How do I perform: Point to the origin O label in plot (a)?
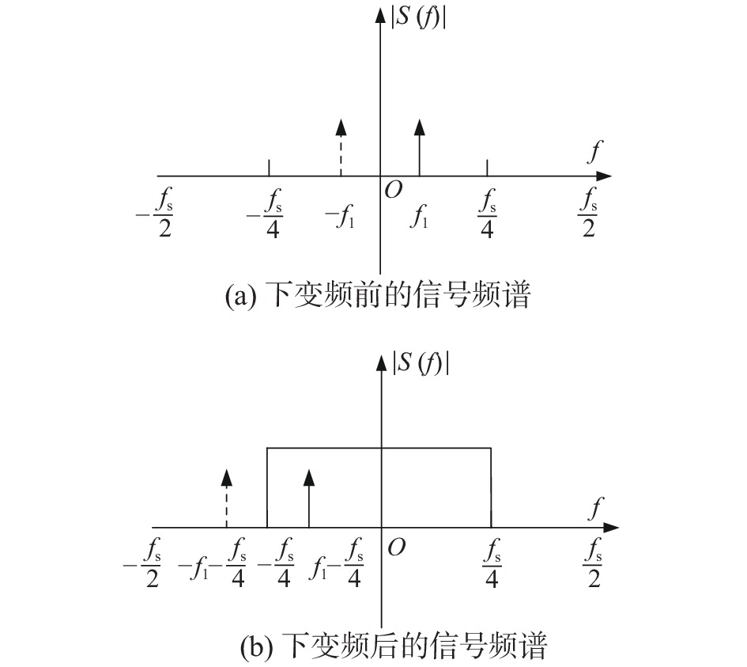click(393, 190)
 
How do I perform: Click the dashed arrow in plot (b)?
click(227, 498)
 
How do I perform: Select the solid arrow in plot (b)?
click(309, 498)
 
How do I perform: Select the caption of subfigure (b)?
click(393, 646)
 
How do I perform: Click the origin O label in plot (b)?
click(396, 546)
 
